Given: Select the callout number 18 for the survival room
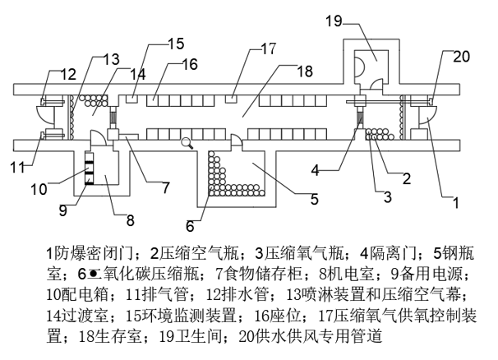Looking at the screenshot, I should coord(304,72).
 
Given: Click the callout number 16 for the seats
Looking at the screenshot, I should coord(189,64).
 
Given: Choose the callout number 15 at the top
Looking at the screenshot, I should coord(176,43).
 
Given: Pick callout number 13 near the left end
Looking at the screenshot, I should coord(110,59).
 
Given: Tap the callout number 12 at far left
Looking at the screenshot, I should coord(66,76).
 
